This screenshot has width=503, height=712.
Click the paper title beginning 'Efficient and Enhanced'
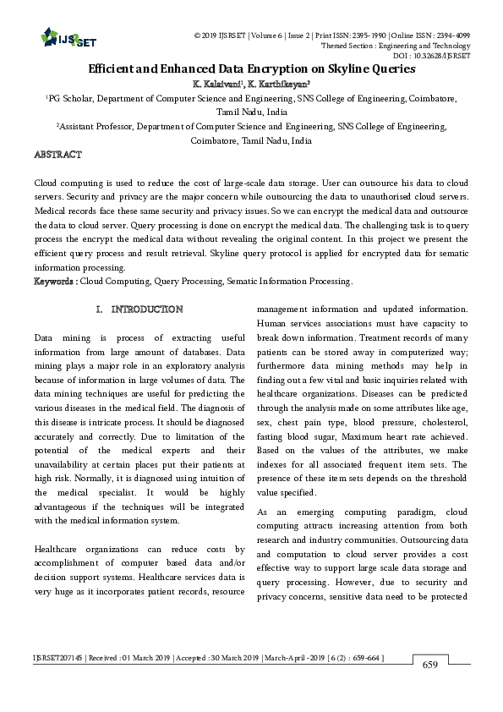pyautogui.click(x=251, y=69)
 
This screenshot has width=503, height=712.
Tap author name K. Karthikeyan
pyautogui.click(x=279, y=85)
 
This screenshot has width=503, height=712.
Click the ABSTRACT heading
pyautogui.click(x=57, y=155)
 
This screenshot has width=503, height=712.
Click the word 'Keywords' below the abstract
pyautogui.click(x=56, y=281)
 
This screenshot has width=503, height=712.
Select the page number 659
pyautogui.click(x=430, y=665)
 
